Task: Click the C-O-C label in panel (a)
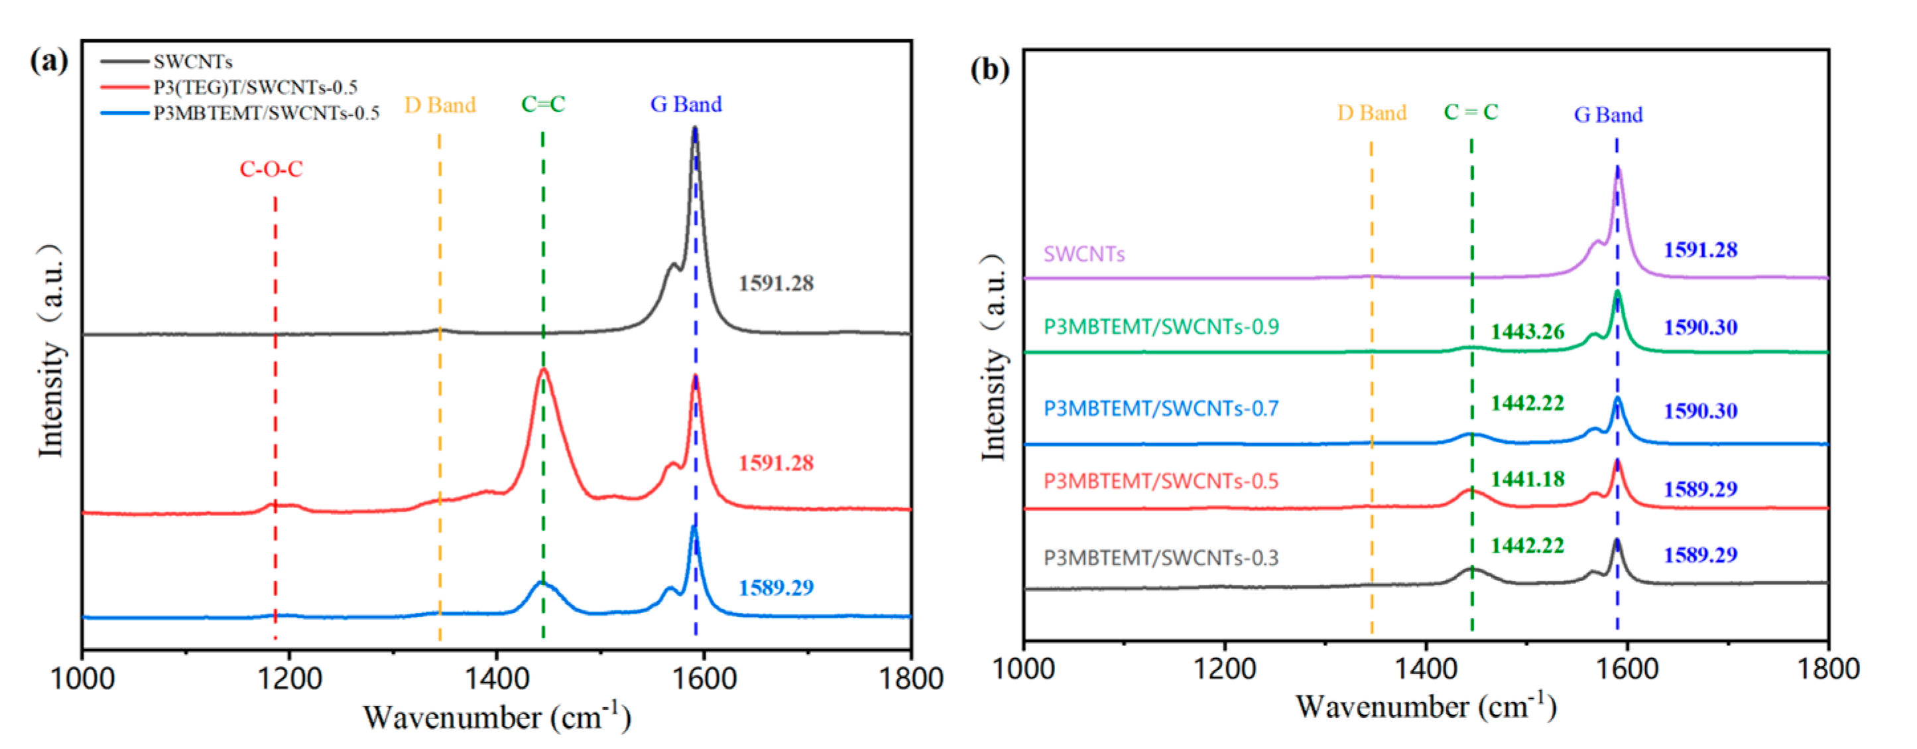[271, 170]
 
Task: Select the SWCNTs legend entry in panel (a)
[193, 61]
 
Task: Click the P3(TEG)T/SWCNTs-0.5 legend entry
[255, 87]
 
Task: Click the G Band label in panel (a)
[686, 104]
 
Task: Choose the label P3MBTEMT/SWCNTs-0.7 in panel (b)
[1161, 409]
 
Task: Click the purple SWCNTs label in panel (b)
[1083, 255]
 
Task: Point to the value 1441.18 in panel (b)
[1527, 479]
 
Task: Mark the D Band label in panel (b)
[1371, 113]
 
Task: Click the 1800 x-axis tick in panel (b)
[1827, 669]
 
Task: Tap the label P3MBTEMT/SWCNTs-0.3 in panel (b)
[1161, 559]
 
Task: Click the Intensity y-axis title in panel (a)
[50, 350]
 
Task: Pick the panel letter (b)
[990, 69]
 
